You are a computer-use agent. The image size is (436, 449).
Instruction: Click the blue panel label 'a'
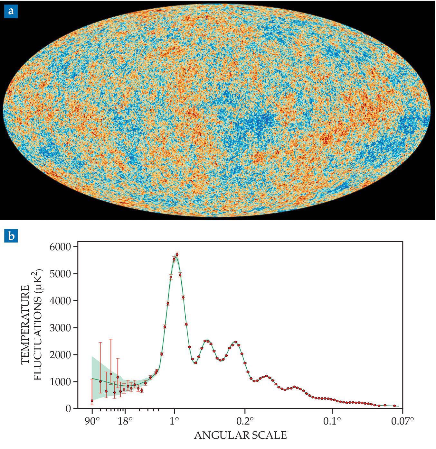(x=11, y=11)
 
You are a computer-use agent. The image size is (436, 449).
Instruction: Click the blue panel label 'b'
(x=11, y=236)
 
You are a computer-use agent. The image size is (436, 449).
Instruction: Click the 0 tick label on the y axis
(x=68, y=409)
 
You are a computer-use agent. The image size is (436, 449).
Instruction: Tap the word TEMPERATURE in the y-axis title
(x=26, y=325)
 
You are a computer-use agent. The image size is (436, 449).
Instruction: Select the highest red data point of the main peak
(x=177, y=254)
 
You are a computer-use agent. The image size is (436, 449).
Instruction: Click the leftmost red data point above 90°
(x=92, y=400)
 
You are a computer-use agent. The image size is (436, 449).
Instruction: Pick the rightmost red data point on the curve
(x=394, y=406)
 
